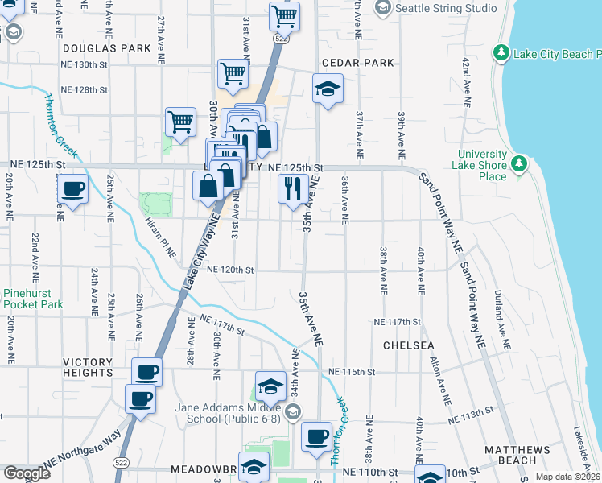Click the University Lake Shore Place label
[x=483, y=165]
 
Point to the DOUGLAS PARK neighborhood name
[x=107, y=48]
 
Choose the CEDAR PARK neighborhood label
[x=357, y=62]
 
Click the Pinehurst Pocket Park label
[x=33, y=299]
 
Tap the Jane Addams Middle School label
[x=227, y=413]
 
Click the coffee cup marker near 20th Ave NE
[x=73, y=190]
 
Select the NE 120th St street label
[x=230, y=270]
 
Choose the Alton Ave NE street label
[x=439, y=381]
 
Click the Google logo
[x=27, y=473]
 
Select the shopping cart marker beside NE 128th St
[x=233, y=73]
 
